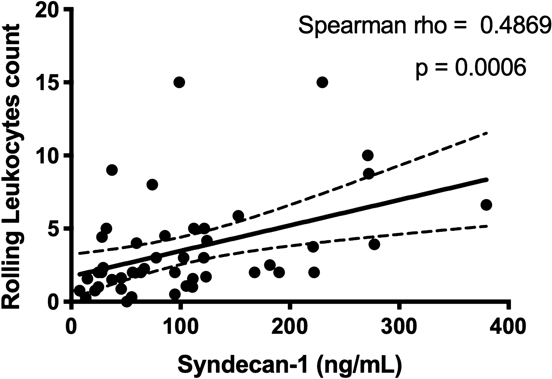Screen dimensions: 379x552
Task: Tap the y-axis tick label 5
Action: [x=54, y=229]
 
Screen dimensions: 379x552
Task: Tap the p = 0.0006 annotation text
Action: [x=470, y=67]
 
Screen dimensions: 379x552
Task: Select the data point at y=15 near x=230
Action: [x=322, y=82]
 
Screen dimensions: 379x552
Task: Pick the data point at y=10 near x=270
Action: [x=368, y=156]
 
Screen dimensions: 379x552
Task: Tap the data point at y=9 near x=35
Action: [x=112, y=170]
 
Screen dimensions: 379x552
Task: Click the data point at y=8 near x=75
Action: [x=152, y=185]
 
